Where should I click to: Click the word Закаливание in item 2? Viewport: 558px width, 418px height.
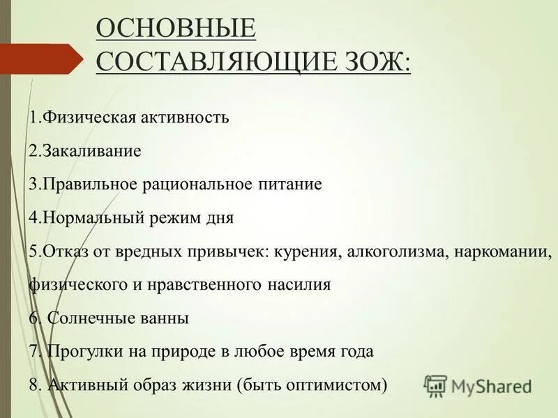tap(92, 150)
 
